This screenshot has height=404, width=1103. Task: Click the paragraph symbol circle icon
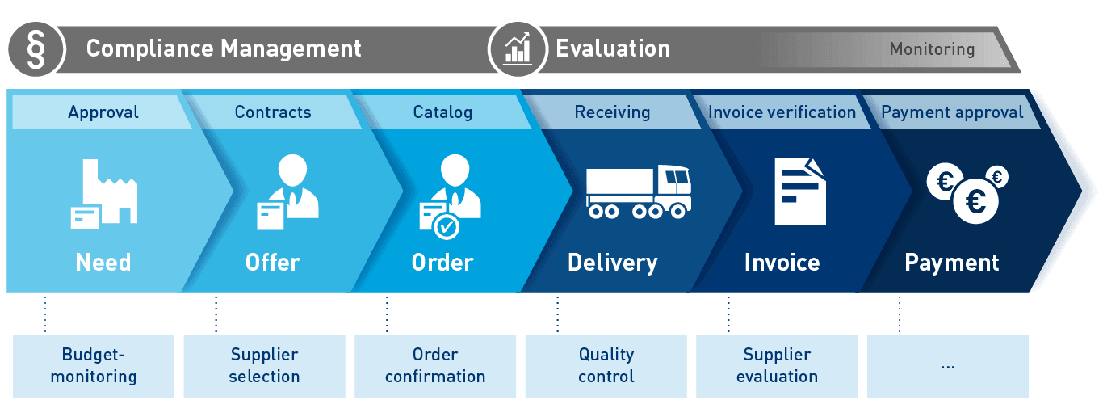tap(35, 48)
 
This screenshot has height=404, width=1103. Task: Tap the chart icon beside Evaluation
tap(518, 48)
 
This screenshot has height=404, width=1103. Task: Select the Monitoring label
tap(932, 49)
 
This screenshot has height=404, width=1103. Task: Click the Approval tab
tap(103, 112)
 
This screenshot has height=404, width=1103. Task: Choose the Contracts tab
tap(273, 112)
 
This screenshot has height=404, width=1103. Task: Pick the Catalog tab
tap(442, 112)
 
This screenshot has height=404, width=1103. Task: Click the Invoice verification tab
tap(782, 112)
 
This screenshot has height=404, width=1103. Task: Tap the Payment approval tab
tap(952, 112)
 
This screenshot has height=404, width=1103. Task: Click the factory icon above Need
tap(103, 193)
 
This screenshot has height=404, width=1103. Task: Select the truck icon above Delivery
tap(638, 191)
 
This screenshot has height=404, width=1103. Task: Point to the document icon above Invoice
tap(799, 191)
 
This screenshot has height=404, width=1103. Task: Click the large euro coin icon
tap(975, 200)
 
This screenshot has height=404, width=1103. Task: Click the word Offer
tap(273, 263)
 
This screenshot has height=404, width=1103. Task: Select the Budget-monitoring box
tap(94, 365)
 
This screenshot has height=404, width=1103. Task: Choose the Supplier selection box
tap(264, 365)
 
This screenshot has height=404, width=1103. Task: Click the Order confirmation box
tap(435, 365)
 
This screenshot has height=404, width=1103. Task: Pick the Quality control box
tap(606, 365)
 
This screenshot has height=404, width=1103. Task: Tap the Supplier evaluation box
tap(777, 365)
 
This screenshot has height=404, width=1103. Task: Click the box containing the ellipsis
tap(948, 365)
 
